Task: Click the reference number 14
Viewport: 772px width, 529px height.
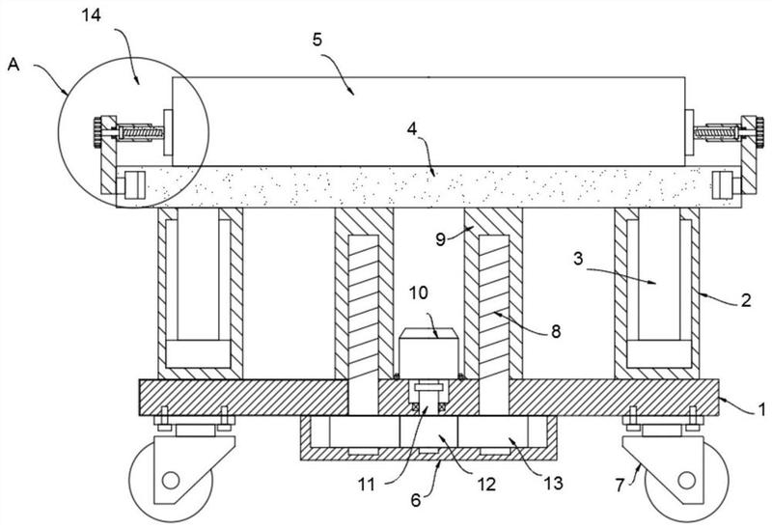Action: tap(91, 15)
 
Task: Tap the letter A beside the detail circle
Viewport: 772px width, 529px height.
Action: tap(14, 64)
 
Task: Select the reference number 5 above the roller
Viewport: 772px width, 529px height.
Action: tap(317, 40)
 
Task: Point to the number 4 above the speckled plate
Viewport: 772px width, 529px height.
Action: tap(412, 129)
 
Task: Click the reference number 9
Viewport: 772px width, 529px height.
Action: tap(441, 239)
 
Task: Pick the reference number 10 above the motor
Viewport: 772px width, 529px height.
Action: tap(419, 293)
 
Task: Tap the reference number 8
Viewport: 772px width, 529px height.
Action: tap(556, 331)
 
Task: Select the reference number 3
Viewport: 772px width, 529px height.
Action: tap(578, 259)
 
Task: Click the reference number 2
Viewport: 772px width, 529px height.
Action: tap(746, 300)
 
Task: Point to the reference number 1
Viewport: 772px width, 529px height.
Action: tap(762, 409)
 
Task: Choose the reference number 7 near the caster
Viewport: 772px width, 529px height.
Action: tap(620, 486)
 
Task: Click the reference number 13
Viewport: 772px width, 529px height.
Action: tap(553, 484)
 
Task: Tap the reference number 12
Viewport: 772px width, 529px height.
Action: tap(486, 485)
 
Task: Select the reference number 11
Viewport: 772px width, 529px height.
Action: tap(367, 486)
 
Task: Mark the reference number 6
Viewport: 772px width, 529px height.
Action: tap(416, 501)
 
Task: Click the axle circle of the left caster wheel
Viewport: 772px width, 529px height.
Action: tap(171, 480)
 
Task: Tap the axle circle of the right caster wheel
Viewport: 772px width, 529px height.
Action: tap(686, 480)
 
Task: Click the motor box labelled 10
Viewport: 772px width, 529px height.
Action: tap(428, 352)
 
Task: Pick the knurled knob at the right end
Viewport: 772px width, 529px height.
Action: tap(759, 132)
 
